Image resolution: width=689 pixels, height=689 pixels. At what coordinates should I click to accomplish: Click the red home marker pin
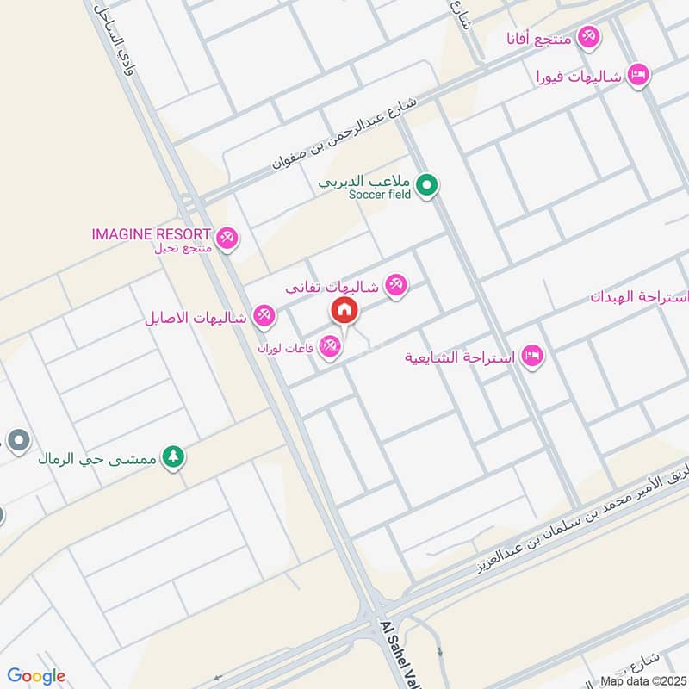point(344,310)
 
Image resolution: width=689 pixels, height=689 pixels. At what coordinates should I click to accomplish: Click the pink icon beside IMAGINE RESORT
point(227,237)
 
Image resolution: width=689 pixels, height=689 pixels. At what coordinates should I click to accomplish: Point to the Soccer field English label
point(381,195)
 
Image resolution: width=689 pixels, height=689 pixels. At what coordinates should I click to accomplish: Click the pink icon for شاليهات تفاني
point(396,284)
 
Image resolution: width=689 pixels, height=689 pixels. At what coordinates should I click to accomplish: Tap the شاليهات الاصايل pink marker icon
point(264,316)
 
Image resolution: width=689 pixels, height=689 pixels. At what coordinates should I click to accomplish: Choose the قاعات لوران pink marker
point(329,347)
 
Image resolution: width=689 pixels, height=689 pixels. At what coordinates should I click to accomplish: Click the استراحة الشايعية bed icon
point(532,356)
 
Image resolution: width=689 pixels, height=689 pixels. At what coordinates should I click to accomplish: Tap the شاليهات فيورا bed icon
point(637,75)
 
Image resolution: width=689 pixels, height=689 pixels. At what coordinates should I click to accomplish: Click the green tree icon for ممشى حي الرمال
point(174,456)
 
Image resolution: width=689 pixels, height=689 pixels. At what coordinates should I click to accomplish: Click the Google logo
point(36,676)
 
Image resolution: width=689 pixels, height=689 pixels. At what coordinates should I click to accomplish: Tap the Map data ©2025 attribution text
point(642,680)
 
